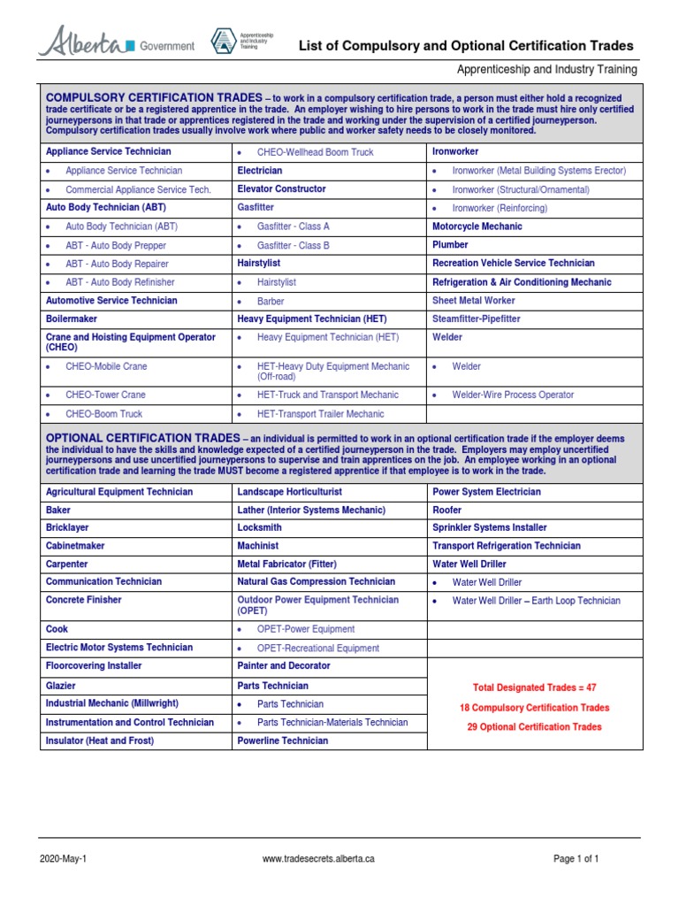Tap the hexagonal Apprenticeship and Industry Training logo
pyautogui.click(x=222, y=41)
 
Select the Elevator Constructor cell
pyautogui.click(x=281, y=189)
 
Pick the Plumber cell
pyautogui.click(x=450, y=245)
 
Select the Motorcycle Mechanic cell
pyautogui.click(x=477, y=226)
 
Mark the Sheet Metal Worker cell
pyautogui.click(x=475, y=301)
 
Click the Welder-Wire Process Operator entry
pyautogui.click(x=513, y=395)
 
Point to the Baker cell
pyautogui.click(x=58, y=511)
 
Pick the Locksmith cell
pyautogui.click(x=259, y=527)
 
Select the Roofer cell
pyautogui.click(x=448, y=511)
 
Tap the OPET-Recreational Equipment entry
pyautogui.click(x=317, y=649)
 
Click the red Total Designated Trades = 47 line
pyautogui.click(x=534, y=687)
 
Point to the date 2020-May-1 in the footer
pyautogui.click(x=63, y=859)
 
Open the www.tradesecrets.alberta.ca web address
pyautogui.click(x=319, y=859)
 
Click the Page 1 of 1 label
pyautogui.click(x=576, y=859)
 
